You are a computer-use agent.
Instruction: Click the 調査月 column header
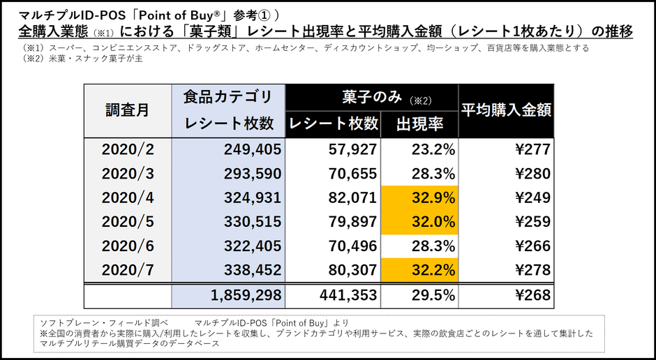pyautogui.click(x=127, y=110)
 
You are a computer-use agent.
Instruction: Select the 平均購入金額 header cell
pyautogui.click(x=505, y=110)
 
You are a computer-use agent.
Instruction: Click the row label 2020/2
pyautogui.click(x=127, y=149)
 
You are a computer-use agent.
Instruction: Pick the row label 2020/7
pyautogui.click(x=127, y=270)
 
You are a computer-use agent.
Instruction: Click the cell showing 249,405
pyautogui.click(x=253, y=149)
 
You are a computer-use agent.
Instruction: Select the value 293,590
pyautogui.click(x=253, y=173)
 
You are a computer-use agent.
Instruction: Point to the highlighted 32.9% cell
pyautogui.click(x=419, y=197)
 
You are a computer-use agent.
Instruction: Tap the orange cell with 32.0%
pyautogui.click(x=419, y=222)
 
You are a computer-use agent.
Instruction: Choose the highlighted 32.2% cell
pyautogui.click(x=419, y=270)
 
